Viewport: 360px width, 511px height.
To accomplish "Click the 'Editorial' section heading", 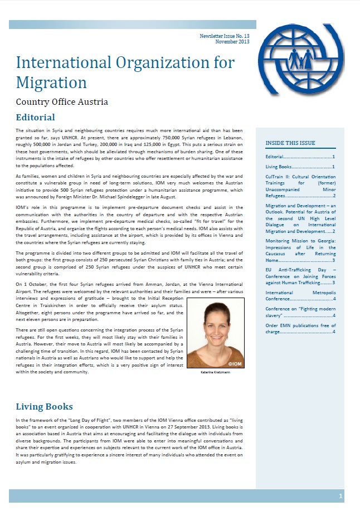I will click(35, 117).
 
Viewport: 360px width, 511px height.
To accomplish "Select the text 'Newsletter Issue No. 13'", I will click(225, 36).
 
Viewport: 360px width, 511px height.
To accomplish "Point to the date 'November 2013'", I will click(232, 42).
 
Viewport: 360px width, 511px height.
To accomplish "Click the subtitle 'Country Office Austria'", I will click(62, 102).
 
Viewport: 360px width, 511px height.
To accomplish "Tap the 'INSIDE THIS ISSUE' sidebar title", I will click(290, 143).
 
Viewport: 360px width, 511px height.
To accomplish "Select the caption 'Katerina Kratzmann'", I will click(215, 373).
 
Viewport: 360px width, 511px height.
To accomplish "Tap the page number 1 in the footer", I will click(340, 495).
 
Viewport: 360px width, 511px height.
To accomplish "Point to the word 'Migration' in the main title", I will click(51, 82).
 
